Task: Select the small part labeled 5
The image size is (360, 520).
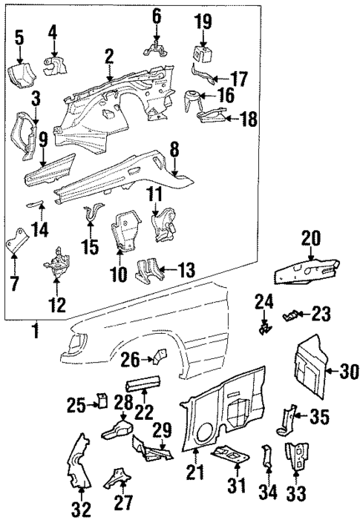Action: [x=19, y=74]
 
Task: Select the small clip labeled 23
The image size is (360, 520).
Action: [x=292, y=316]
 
